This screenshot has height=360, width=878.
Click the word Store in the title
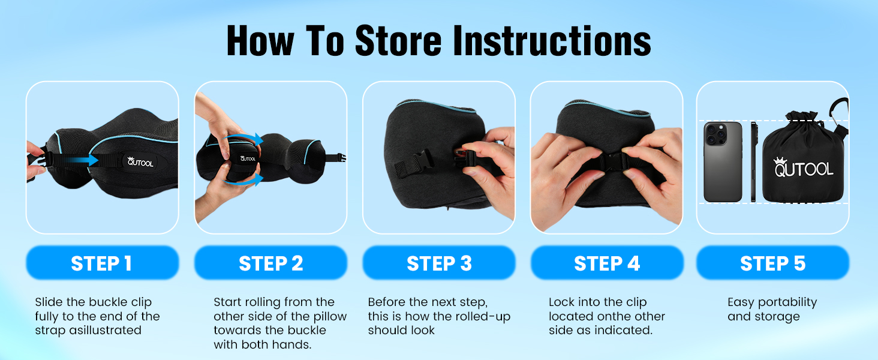tap(398, 40)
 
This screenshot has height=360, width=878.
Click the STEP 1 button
tap(103, 263)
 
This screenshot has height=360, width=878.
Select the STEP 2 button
tap(271, 263)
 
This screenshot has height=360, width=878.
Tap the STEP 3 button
tap(439, 263)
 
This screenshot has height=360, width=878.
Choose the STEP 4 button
tap(607, 263)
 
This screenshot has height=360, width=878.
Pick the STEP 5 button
tap(773, 263)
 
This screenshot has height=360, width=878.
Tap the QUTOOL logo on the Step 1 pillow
tap(140, 161)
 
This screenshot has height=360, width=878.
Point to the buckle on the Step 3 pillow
tap(423, 158)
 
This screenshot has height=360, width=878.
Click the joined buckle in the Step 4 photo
tap(610, 161)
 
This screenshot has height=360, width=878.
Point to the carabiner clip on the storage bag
tap(840, 115)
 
